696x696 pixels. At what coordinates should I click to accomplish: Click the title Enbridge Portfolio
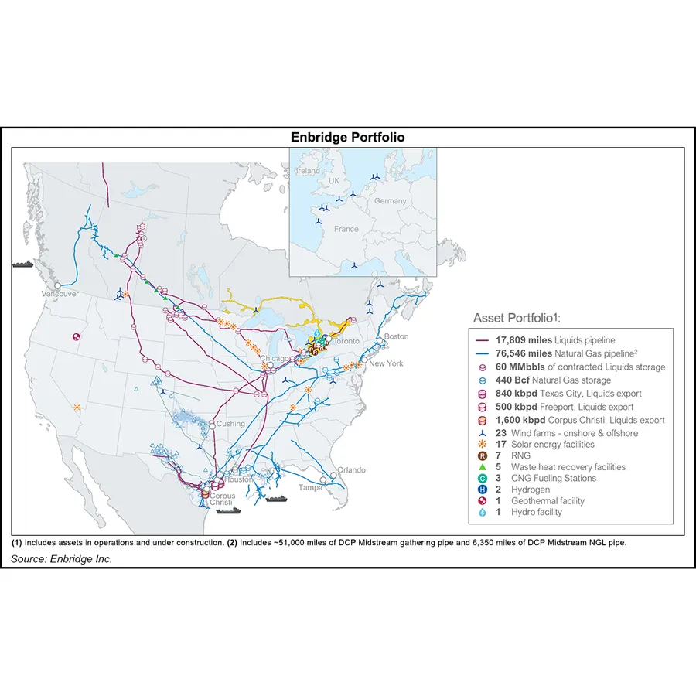click(x=347, y=138)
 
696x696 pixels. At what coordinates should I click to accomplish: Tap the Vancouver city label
click(x=61, y=295)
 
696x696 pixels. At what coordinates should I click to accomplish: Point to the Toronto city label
click(x=349, y=341)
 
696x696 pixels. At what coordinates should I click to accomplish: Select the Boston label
click(x=396, y=336)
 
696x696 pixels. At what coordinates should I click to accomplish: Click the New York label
click(x=386, y=363)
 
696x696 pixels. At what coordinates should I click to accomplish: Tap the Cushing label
click(x=231, y=424)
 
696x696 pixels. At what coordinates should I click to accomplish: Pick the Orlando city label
click(x=350, y=470)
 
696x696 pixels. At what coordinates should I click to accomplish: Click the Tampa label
click(x=311, y=487)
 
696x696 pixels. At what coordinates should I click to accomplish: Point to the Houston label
click(x=238, y=479)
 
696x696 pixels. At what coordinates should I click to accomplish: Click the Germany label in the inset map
click(x=391, y=201)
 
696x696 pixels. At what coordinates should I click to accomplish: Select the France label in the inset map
click(x=346, y=229)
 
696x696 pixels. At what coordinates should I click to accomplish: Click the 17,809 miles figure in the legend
click(x=520, y=339)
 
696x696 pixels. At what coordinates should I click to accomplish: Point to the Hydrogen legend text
click(x=531, y=490)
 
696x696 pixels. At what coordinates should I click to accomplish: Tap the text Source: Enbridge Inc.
click(x=62, y=559)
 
